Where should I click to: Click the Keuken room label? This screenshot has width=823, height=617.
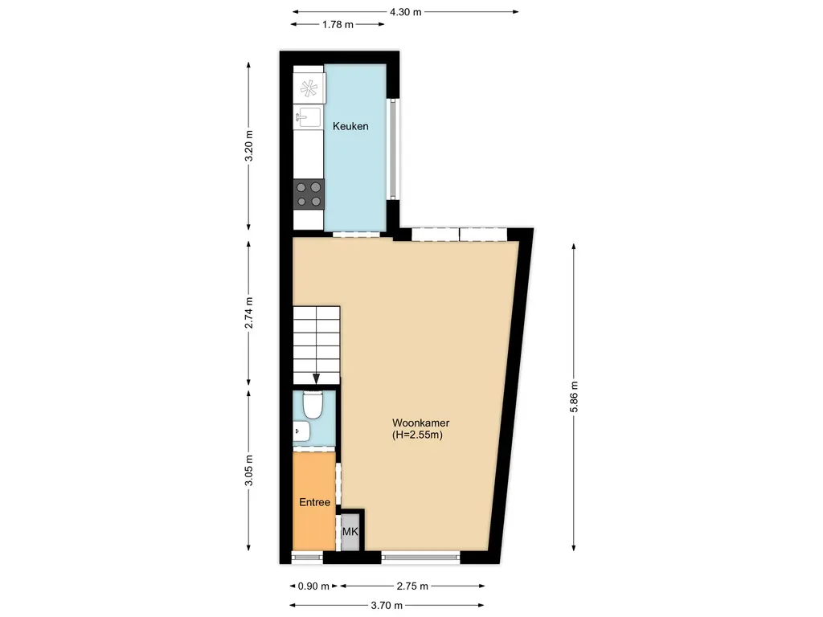pyautogui.click(x=350, y=126)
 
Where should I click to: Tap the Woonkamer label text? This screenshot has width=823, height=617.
pyautogui.click(x=420, y=423)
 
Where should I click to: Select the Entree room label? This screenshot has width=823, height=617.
pyautogui.click(x=314, y=502)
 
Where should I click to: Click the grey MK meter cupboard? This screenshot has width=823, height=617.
pyautogui.click(x=350, y=532)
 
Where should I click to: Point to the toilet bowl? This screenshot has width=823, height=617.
pyautogui.click(x=313, y=405)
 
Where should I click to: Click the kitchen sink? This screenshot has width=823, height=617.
pyautogui.click(x=309, y=118)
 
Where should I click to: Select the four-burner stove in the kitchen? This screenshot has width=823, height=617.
pyautogui.click(x=309, y=193)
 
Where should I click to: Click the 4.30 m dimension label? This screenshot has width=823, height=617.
pyautogui.click(x=405, y=12)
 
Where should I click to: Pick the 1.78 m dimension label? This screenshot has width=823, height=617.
pyautogui.click(x=338, y=24)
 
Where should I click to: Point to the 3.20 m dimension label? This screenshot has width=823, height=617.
pyautogui.click(x=249, y=146)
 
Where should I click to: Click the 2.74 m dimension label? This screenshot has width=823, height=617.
pyautogui.click(x=249, y=313)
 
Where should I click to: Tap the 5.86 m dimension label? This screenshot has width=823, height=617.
pyautogui.click(x=573, y=395)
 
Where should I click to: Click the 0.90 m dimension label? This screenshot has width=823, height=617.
pyautogui.click(x=313, y=586)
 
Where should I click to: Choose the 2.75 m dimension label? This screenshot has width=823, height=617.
pyautogui.click(x=412, y=586)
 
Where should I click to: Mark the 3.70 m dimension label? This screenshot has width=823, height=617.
pyautogui.click(x=387, y=605)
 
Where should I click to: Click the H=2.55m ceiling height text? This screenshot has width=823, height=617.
pyautogui.click(x=419, y=435)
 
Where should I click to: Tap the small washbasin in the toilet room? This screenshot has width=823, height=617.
pyautogui.click(x=301, y=431)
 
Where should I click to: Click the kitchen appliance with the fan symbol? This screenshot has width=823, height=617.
pyautogui.click(x=309, y=88)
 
